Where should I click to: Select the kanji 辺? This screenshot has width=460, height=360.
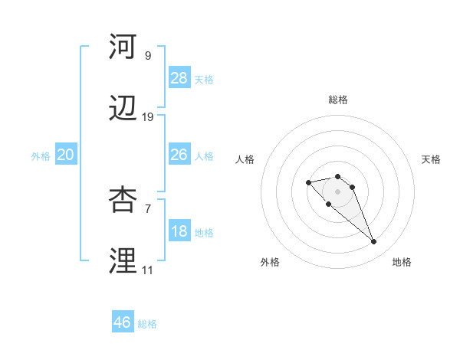(x=123, y=110)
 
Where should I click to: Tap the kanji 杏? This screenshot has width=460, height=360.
(x=123, y=198)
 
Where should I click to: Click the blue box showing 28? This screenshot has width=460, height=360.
(x=179, y=78)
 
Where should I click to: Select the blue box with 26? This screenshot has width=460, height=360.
(x=179, y=155)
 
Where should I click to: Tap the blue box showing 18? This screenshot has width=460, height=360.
(x=179, y=231)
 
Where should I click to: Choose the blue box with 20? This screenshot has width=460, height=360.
(x=66, y=155)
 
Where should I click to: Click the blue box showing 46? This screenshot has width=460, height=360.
(x=123, y=322)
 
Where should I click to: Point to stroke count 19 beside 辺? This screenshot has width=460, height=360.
(x=148, y=117)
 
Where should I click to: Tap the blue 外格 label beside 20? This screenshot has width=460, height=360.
(x=41, y=156)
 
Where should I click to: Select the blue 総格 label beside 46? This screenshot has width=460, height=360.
(x=147, y=324)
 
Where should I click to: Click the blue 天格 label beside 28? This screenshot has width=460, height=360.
(x=204, y=80)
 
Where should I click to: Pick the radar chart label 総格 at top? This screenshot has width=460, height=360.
(x=338, y=100)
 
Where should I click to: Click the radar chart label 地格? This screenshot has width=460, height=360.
(x=402, y=262)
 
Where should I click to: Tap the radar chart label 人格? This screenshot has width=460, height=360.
(x=245, y=159)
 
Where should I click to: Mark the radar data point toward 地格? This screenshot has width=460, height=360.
(x=373, y=242)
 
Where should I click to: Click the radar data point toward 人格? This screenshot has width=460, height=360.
(x=308, y=182)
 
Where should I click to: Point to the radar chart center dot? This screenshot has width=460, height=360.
(x=337, y=191)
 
